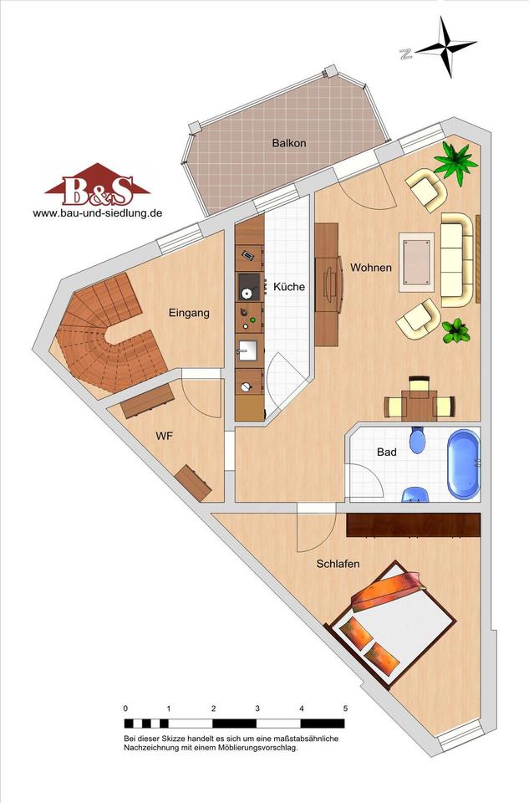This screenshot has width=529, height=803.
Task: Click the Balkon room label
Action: tap(289, 143)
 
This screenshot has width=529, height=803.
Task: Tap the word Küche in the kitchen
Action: tap(289, 287)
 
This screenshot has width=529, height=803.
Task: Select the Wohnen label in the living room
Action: tap(371, 268)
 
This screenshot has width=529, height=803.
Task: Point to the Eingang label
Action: tap(190, 313)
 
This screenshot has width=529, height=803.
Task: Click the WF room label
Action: tap(165, 437)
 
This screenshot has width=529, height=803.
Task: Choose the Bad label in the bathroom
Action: tap(386, 453)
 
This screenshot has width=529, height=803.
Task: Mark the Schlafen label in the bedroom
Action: tap(338, 564)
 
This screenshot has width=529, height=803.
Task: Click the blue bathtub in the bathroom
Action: tap(464, 464)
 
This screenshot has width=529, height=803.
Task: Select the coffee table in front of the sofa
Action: tap(417, 261)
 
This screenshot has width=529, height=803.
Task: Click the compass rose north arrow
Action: tap(445, 48)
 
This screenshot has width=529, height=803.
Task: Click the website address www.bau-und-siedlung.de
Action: tap(98, 213)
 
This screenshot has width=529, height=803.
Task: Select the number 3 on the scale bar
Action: tap(257, 708)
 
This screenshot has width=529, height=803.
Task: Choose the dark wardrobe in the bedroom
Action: tap(414, 525)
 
